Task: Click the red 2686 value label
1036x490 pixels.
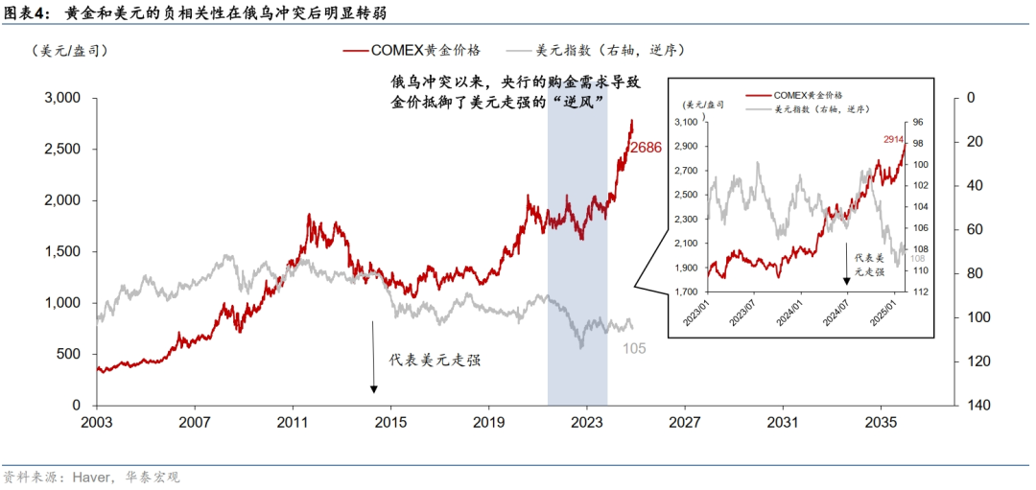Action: pos(647,148)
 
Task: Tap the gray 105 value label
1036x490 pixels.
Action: pos(635,347)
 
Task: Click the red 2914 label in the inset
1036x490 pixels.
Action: pos(895,140)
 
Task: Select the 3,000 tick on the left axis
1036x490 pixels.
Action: pos(67,98)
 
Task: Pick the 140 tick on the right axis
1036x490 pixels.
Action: pos(978,406)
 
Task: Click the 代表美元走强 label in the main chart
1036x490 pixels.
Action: pos(435,361)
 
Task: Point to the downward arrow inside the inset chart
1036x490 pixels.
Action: pos(846,262)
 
